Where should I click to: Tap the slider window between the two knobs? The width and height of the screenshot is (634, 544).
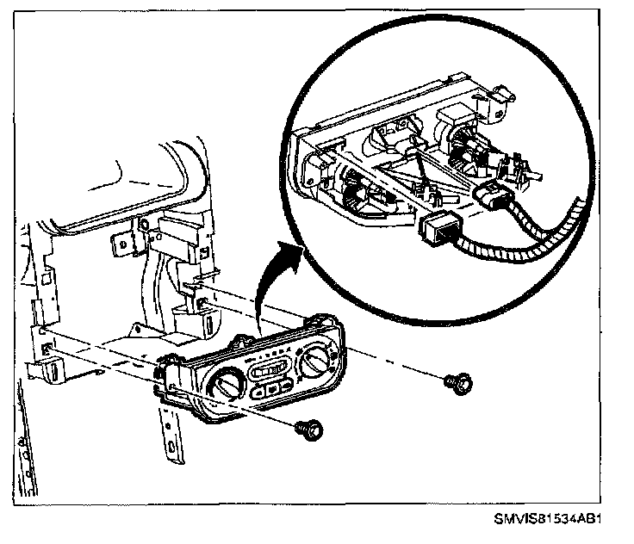(x=270, y=369)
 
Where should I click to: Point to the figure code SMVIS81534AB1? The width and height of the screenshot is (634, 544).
(x=547, y=520)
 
